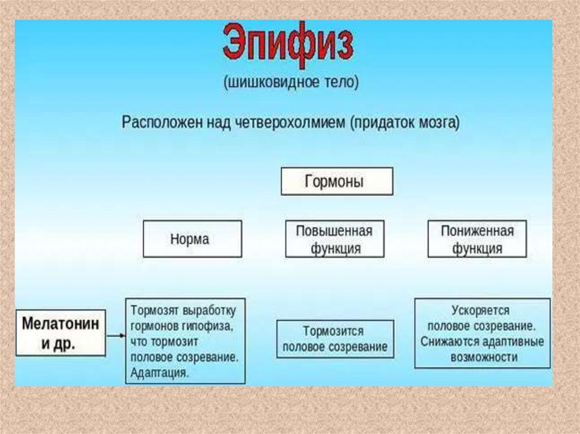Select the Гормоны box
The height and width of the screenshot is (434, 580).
[336, 182]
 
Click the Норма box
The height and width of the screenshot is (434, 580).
[192, 239]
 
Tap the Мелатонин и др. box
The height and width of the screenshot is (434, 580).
[60, 333]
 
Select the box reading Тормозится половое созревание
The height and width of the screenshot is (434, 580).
[335, 338]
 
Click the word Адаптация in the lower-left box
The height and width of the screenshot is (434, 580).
[160, 373]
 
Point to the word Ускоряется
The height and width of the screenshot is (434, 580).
[480, 311]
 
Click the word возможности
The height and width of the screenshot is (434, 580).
[484, 358]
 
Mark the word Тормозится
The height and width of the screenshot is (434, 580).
[333, 331]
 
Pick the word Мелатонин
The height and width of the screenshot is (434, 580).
[60, 324]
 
